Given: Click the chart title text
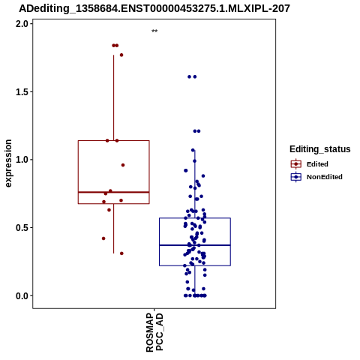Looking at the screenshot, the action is click(x=154, y=8).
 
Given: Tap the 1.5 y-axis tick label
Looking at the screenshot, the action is click(x=21, y=91).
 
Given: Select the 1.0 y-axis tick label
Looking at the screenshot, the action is click(x=21, y=160).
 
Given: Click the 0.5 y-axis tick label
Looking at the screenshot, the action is click(x=21, y=227).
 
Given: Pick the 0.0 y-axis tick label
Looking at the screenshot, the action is click(x=21, y=295).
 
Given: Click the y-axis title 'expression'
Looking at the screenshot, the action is click(x=8, y=163).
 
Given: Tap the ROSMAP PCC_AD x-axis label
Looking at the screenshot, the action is click(x=154, y=332).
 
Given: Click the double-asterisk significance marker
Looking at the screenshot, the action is click(x=154, y=31).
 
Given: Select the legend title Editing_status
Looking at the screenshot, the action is click(x=320, y=149).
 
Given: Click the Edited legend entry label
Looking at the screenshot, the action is click(x=317, y=164).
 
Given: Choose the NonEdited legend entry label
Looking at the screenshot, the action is click(x=325, y=177).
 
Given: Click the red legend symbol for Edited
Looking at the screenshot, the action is click(x=296, y=164).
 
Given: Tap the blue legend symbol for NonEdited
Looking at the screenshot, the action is click(x=296, y=177).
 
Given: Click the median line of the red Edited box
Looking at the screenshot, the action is click(x=114, y=192).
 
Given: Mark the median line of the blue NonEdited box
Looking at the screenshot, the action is click(x=195, y=245).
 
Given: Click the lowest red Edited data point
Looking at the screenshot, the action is click(x=121, y=253).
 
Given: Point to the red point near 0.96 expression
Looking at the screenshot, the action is click(x=123, y=165).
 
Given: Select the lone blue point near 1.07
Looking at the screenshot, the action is click(x=193, y=150).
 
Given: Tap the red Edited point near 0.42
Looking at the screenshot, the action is click(x=103, y=238).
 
